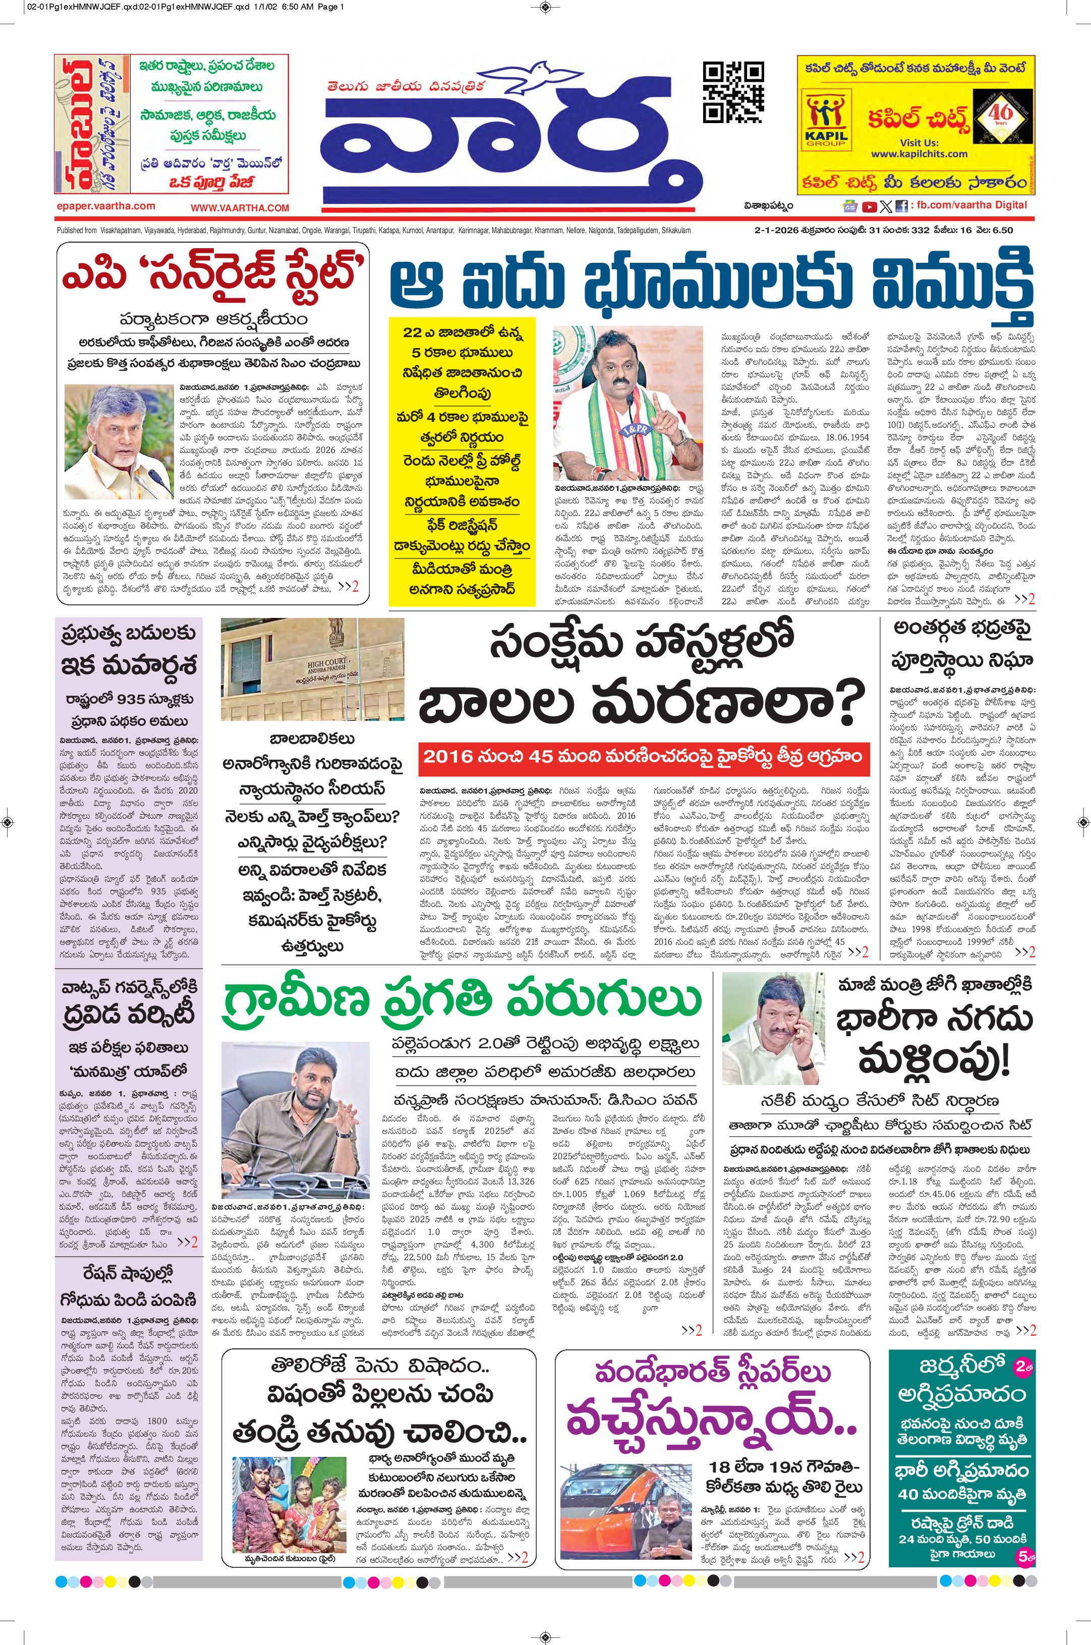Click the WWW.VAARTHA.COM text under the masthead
pos(240,207)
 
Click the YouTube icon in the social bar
pos(869,205)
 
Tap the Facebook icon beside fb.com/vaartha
pos(902,205)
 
